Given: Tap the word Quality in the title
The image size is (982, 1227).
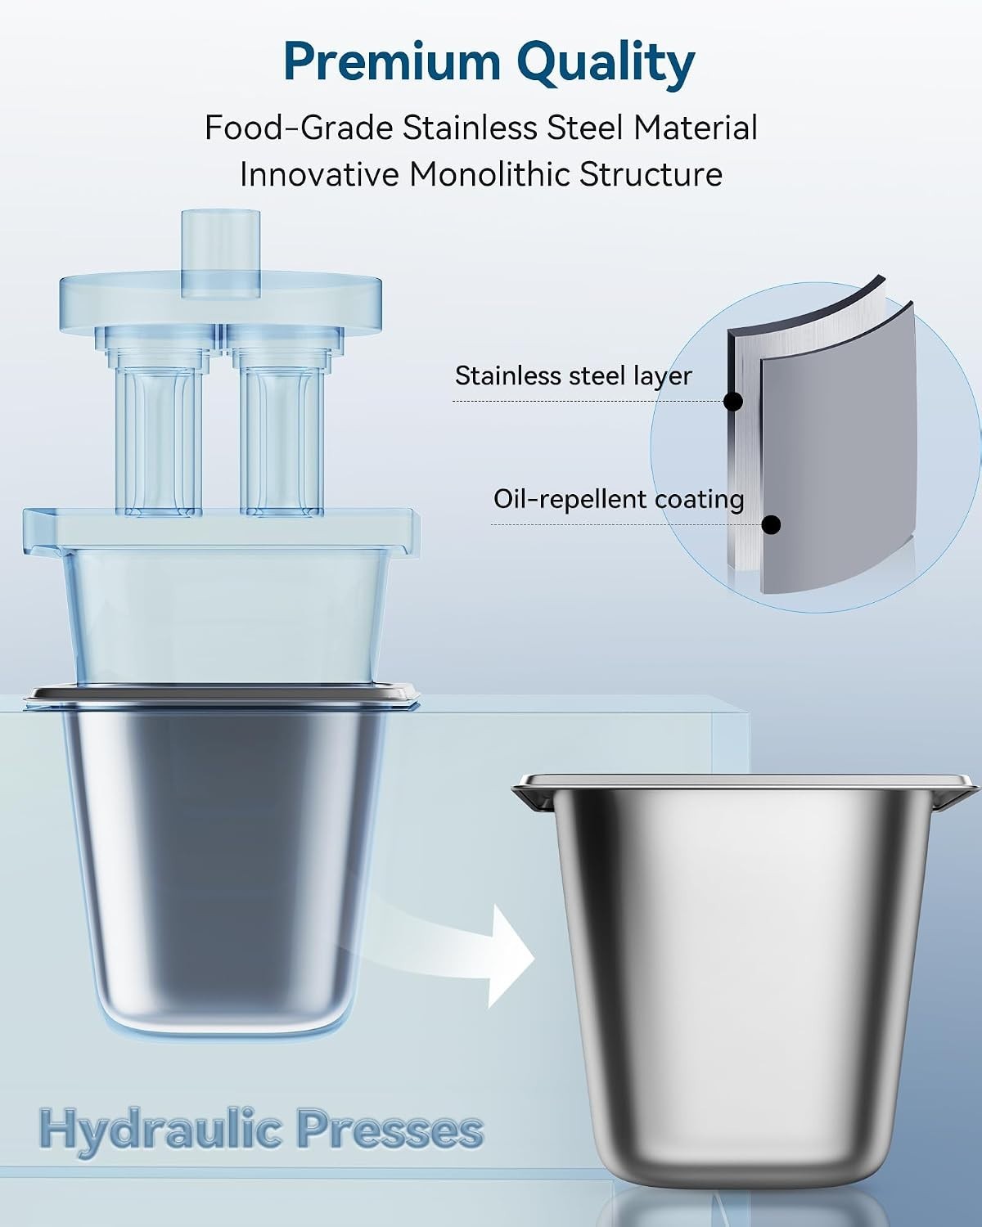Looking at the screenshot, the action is click(609, 64).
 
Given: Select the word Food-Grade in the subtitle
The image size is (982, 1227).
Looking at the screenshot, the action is click(299, 128).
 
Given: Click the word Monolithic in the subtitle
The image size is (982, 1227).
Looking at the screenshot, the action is click(489, 174).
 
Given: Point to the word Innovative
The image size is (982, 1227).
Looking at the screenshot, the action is click(319, 174).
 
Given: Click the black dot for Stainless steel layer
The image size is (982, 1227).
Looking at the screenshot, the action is click(732, 402).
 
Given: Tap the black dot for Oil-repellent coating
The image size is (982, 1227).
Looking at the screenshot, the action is click(772, 524).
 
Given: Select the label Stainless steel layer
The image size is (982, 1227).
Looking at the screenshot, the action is click(574, 376).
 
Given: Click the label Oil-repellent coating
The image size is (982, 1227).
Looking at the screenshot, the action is click(619, 500).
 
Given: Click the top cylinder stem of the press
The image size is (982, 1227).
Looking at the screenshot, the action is click(220, 254).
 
